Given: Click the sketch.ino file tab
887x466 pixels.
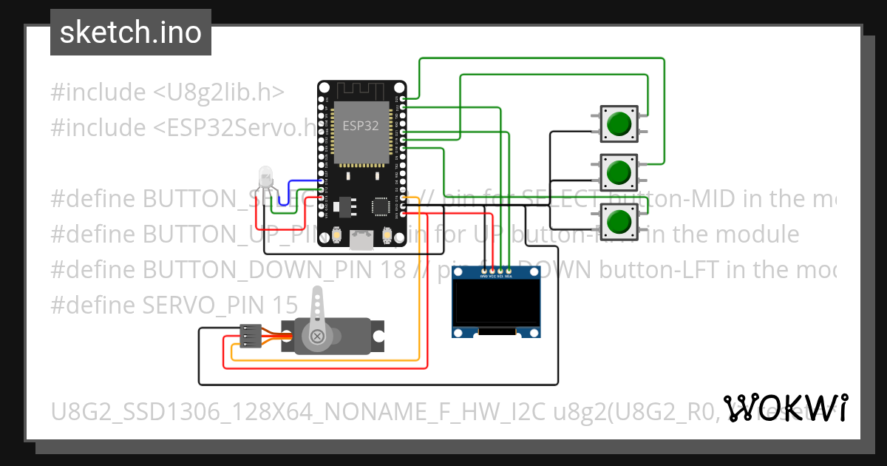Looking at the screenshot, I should pos(131,33).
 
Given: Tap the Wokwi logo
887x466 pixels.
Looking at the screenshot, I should pos(786,408).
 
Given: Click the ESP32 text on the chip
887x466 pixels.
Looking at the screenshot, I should pos(360,126).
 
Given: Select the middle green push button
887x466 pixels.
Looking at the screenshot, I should pos(618,172).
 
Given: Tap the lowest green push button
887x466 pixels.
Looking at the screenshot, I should pos(618,220).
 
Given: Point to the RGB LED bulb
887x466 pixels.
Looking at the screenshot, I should pos(265,178).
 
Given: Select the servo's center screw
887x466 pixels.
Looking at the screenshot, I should pos(318,337).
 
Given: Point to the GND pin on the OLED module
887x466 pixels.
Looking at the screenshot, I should pos(484,271).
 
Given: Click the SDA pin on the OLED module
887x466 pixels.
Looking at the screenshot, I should pos(509,271).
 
